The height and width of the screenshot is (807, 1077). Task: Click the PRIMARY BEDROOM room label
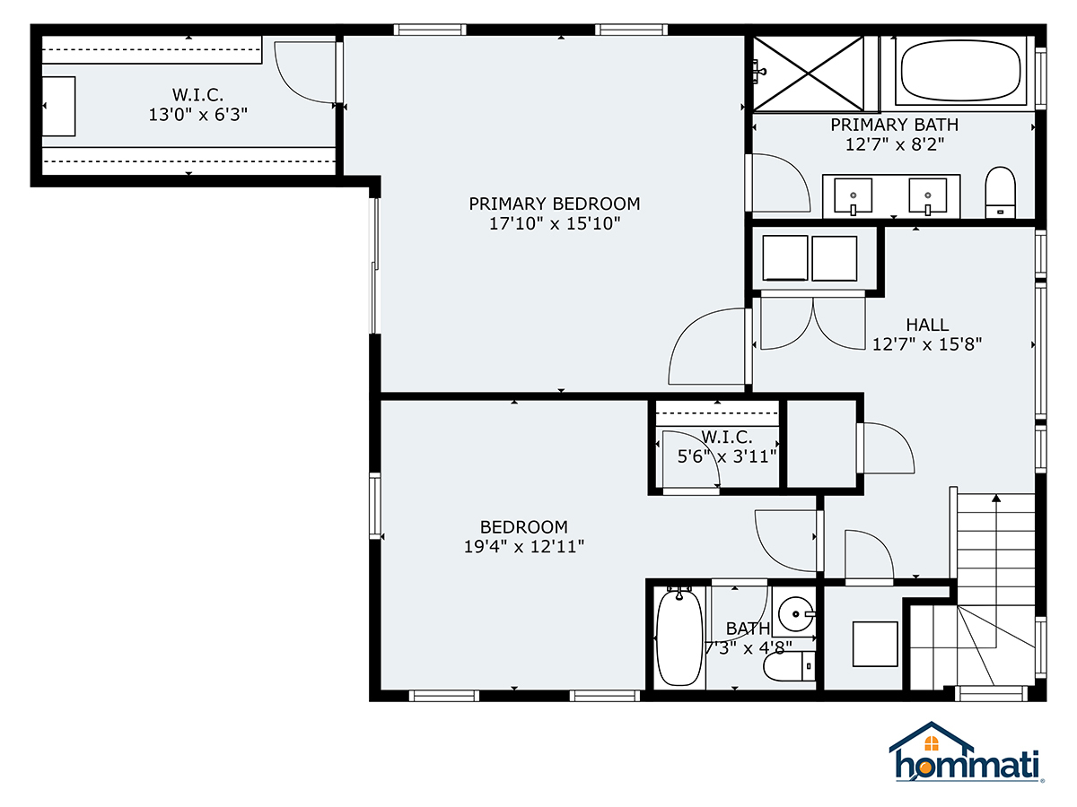point(554,204)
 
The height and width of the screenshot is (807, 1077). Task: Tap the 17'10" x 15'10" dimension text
point(554,224)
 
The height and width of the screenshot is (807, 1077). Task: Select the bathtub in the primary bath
point(960,72)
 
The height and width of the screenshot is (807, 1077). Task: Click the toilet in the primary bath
point(1000,191)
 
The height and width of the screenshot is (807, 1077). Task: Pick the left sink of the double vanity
point(854,194)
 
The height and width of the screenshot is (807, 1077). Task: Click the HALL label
point(926,325)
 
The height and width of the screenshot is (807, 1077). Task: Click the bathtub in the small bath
point(679,637)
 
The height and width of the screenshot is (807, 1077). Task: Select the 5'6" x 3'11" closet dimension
point(727,456)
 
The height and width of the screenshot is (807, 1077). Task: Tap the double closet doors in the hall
point(813,325)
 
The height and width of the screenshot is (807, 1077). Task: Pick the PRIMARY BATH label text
point(894,125)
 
